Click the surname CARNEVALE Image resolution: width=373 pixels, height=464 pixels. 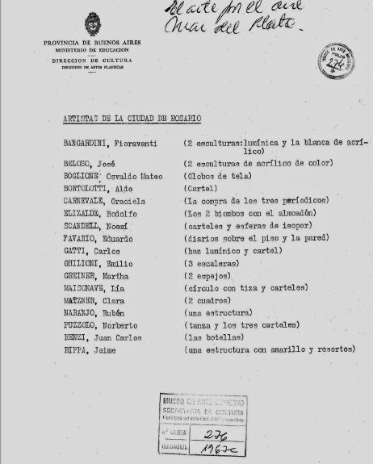(88, 201)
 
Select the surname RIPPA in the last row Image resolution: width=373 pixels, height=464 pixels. (79, 350)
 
